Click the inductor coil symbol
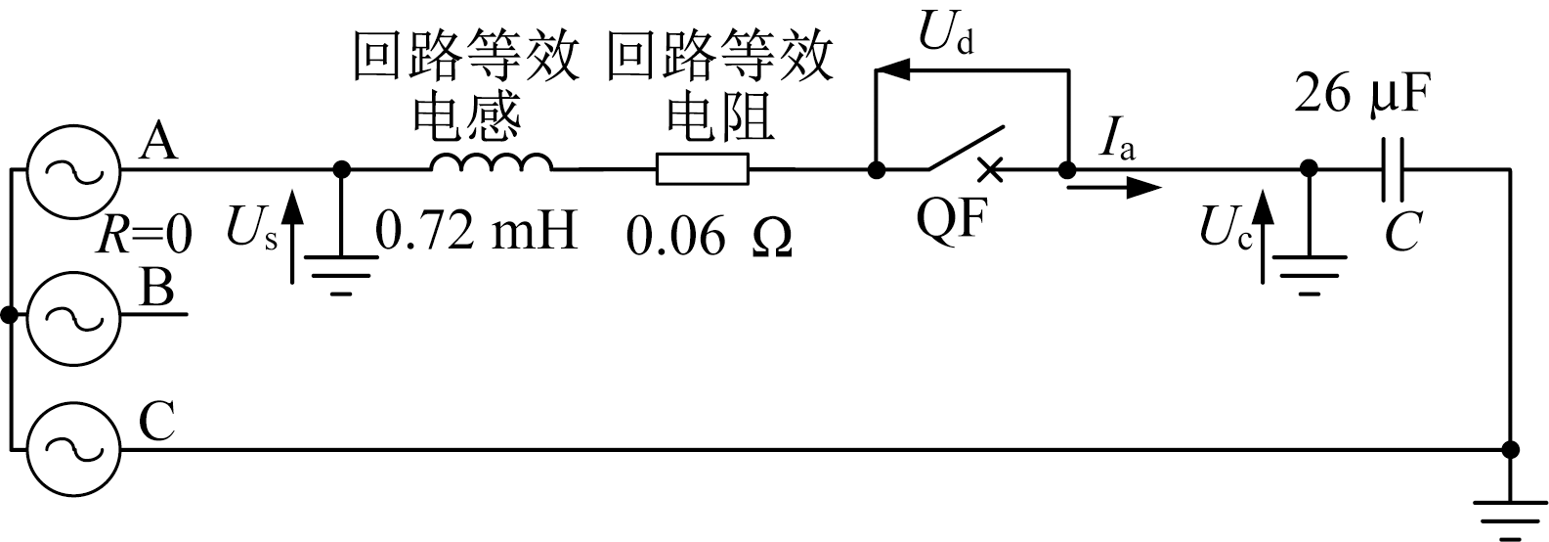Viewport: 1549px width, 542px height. pyautogui.click(x=491, y=161)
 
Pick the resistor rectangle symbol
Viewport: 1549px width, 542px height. pyautogui.click(x=703, y=169)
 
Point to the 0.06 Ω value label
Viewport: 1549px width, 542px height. pyautogui.click(x=709, y=236)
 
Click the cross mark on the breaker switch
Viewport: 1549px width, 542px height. pyautogui.click(x=990, y=169)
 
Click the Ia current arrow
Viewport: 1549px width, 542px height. pyautogui.click(x=1114, y=186)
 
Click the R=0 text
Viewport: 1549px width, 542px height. pyautogui.click(x=147, y=236)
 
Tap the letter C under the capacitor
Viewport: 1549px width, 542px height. pyautogui.click(x=1402, y=235)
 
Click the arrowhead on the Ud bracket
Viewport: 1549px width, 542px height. pyautogui.click(x=889, y=70)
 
